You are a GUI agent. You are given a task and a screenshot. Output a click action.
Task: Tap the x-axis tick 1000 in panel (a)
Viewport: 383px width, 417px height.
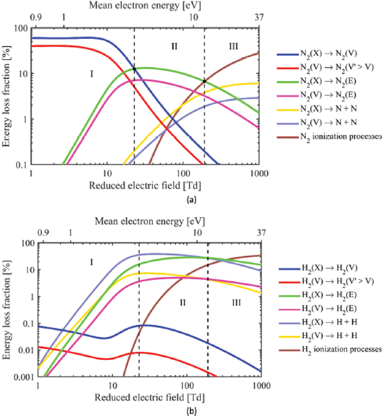click(x=257, y=173)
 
